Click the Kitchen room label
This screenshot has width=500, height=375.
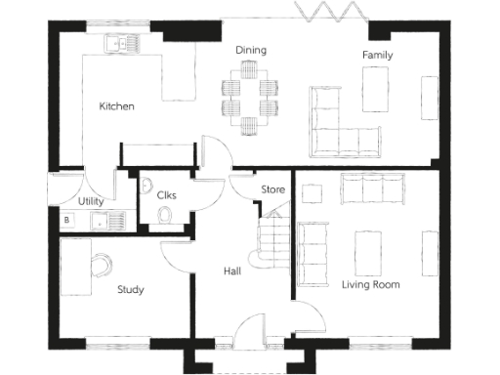(116, 105)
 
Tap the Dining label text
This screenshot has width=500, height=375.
(251, 50)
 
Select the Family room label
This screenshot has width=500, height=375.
(377, 56)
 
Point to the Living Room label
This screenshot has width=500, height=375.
(370, 284)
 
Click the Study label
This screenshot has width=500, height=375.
(131, 289)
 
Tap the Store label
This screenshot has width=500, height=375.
(271, 189)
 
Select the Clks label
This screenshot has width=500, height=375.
(166, 194)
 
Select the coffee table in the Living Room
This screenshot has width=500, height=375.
(369, 251)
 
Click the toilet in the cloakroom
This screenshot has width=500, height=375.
(165, 215)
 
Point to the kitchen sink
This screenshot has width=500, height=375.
(123, 42)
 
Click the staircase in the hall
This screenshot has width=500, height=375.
(272, 241)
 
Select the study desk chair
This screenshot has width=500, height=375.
(102, 264)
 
